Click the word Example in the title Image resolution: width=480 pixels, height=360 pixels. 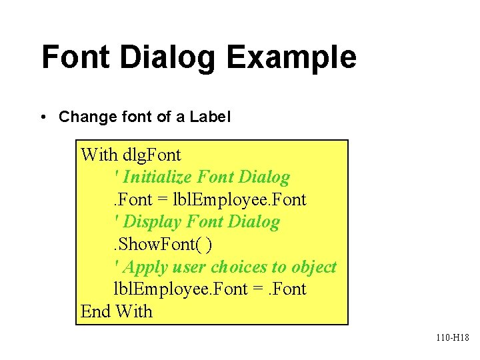(291, 57)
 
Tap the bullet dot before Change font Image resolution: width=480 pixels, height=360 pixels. (43, 118)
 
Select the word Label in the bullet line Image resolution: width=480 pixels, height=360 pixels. (210, 117)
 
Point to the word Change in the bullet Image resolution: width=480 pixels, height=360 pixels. (85, 117)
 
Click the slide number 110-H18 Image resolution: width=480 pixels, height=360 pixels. (453, 338)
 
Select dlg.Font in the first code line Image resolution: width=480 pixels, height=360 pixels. (152, 155)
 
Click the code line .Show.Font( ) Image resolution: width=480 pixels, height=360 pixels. (163, 245)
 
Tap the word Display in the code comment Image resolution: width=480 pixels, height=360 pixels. (154, 222)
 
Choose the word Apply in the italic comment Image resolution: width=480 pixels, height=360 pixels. (145, 267)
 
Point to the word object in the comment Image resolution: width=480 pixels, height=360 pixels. (314, 267)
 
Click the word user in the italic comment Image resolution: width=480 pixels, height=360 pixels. (188, 267)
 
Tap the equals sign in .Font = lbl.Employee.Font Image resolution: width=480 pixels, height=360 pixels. (163, 200)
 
